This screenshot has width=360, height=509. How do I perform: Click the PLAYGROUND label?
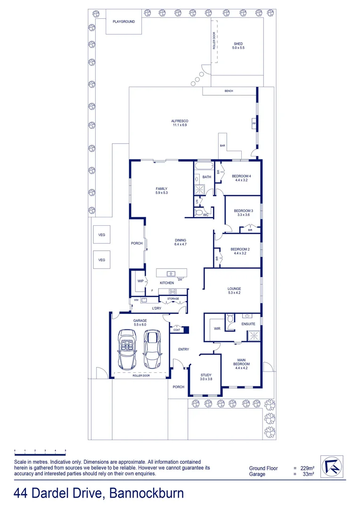point(123,22)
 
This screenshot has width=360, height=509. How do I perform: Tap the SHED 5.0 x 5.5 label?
point(238,46)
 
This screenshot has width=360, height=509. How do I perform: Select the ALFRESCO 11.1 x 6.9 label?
point(180,123)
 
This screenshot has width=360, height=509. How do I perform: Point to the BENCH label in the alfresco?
point(229,91)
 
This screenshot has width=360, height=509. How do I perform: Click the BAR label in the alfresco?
point(222,146)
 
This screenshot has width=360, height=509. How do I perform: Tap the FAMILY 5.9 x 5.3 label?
point(162,190)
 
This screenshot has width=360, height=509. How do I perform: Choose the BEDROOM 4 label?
point(241,178)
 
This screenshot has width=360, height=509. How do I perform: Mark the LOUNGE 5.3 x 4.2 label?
point(234,291)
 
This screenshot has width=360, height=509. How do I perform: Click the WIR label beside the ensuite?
point(217,328)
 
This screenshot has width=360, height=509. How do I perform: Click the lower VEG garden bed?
point(101,260)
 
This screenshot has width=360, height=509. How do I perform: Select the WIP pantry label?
point(140,281)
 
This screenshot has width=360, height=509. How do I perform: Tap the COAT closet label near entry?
point(177,330)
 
